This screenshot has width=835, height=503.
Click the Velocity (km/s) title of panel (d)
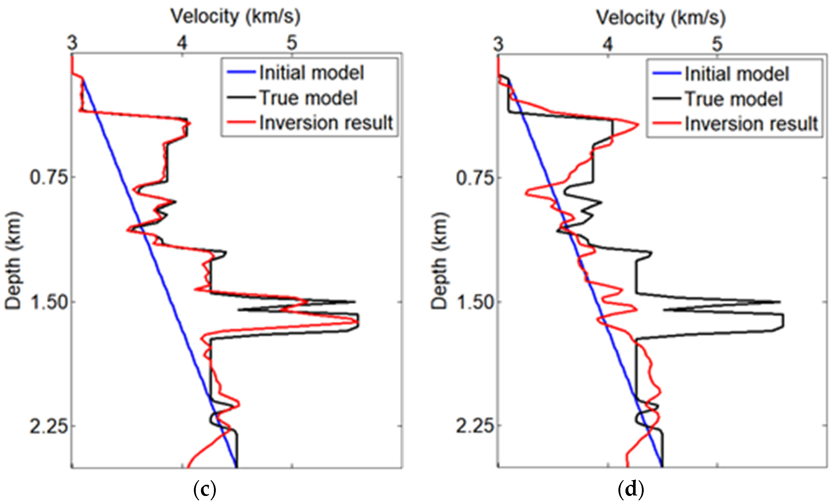tap(661, 18)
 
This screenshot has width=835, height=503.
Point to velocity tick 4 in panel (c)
tap(182, 43)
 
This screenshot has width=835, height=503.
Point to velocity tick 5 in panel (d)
tap(717, 44)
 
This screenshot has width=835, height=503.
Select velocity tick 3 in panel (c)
tap(72, 43)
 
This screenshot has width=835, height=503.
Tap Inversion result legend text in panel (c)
tap(326, 123)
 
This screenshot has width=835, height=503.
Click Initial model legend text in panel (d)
tap(737, 74)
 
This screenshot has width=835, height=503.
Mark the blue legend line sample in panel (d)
tap(666, 73)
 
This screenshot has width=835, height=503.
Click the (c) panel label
tap(205, 489)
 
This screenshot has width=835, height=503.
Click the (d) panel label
tap(630, 489)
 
